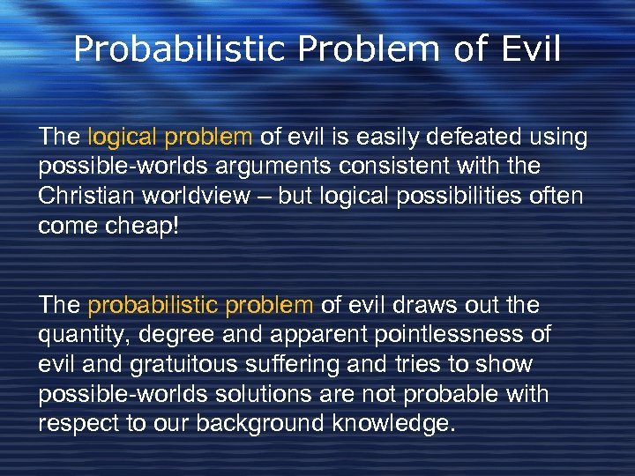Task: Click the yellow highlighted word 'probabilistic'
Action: tap(145, 305)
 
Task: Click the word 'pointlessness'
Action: tap(457, 335)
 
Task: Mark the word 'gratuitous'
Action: tap(165, 364)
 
